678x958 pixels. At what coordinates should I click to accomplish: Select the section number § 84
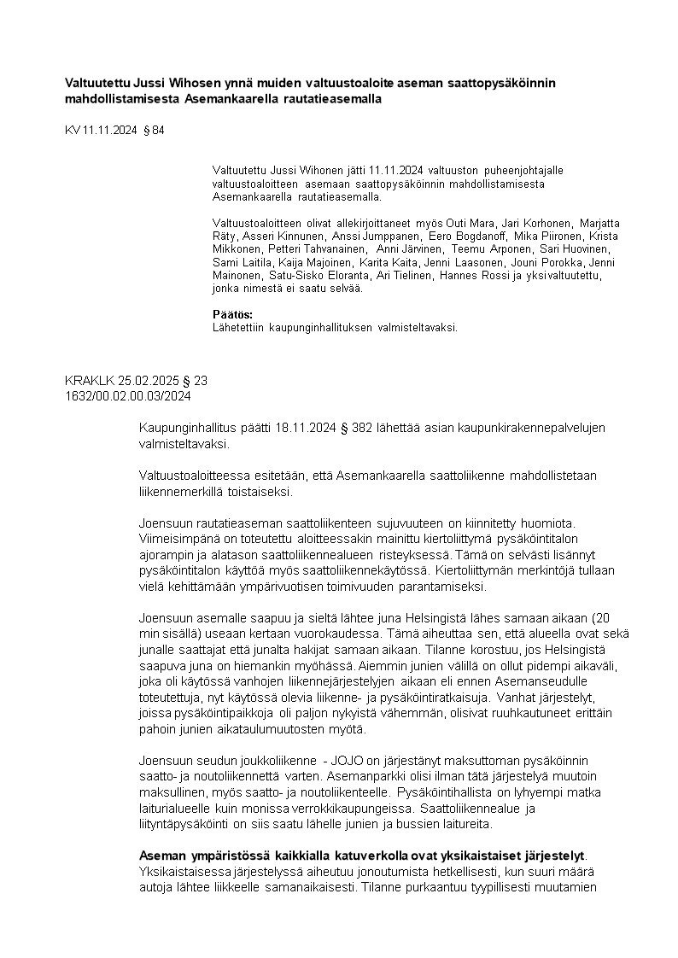(x=153, y=130)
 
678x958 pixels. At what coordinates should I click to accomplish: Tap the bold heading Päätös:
(x=226, y=314)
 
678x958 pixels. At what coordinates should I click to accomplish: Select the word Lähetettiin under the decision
(x=240, y=327)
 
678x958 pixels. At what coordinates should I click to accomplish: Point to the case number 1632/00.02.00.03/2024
(x=128, y=395)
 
